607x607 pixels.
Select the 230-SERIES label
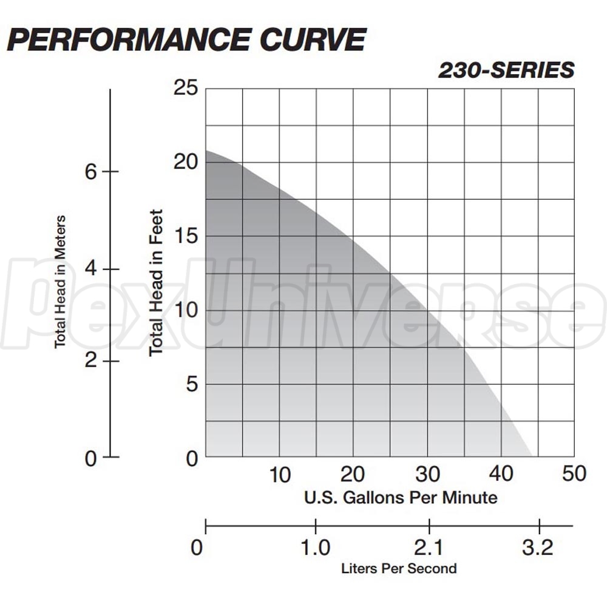click(506, 70)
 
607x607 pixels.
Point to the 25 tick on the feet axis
click(186, 89)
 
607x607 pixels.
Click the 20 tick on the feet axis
click(186, 163)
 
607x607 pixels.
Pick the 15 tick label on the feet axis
click(186, 237)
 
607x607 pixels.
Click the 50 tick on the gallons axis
click(574, 473)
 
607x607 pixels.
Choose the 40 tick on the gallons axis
click(501, 473)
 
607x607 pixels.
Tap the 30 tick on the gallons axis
click(427, 473)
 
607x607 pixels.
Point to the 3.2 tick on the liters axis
click(538, 548)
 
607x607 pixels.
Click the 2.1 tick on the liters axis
click(429, 548)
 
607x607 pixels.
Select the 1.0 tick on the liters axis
click(316, 548)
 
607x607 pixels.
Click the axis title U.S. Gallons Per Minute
click(401, 498)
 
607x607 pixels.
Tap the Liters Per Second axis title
click(399, 569)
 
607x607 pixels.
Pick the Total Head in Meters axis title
click(60, 281)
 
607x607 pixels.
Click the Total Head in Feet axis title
click(157, 282)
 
